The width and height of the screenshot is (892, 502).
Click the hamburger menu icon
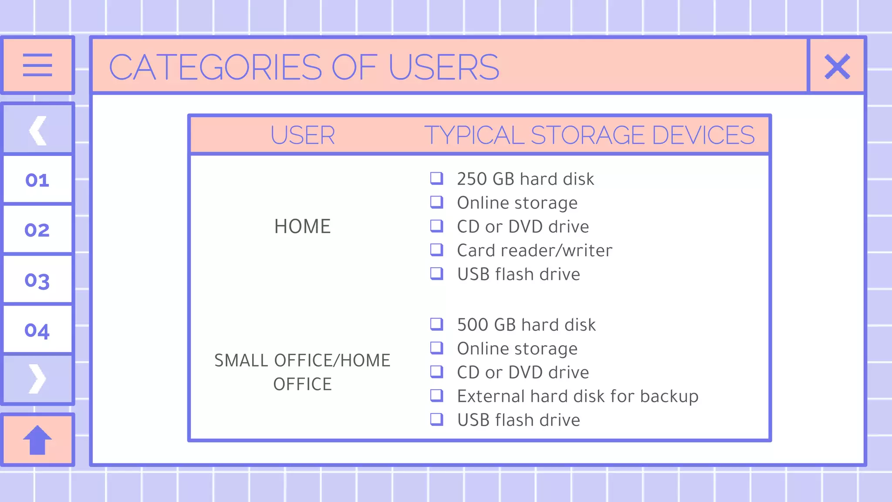pyautogui.click(x=37, y=65)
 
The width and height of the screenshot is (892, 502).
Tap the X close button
pyautogui.click(x=837, y=67)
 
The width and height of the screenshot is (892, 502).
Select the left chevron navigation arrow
pyautogui.click(x=38, y=130)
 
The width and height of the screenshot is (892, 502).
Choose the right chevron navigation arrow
pyautogui.click(x=37, y=379)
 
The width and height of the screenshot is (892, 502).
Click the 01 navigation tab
pyautogui.click(x=37, y=180)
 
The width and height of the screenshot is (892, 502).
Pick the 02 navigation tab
pyautogui.click(x=37, y=230)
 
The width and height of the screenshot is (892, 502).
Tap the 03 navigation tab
pyautogui.click(x=37, y=280)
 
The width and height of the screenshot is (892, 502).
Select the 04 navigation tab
pyautogui.click(x=37, y=330)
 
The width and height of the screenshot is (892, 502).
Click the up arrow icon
pyautogui.click(x=37, y=440)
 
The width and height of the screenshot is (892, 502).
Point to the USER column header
pyautogui.click(x=303, y=135)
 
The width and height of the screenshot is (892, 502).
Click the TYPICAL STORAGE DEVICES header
pyautogui.click(x=589, y=135)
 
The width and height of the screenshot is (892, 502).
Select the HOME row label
pyautogui.click(x=303, y=227)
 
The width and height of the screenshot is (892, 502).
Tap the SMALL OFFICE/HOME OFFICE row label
pyautogui.click(x=303, y=372)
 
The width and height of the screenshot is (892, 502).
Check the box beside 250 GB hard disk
pyautogui.click(x=436, y=178)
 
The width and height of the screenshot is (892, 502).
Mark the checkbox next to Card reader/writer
pyautogui.click(x=436, y=250)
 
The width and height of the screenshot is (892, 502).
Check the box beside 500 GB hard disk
pyautogui.click(x=436, y=324)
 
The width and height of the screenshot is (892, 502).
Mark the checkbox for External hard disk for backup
pyautogui.click(x=436, y=396)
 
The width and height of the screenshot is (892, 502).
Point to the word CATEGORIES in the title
pyautogui.click(x=216, y=68)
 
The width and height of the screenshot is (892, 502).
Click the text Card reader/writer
pyautogui.click(x=534, y=251)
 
